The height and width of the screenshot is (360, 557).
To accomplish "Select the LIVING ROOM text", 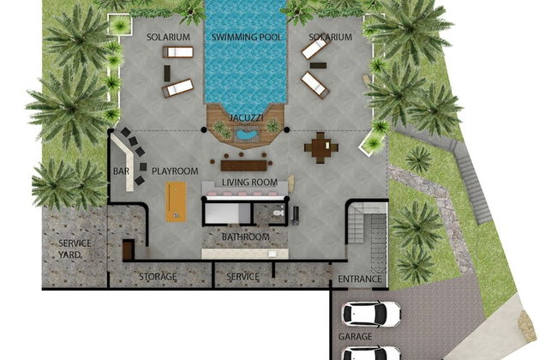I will tap(249, 183).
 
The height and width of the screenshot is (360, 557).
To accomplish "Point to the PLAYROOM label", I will tap(175, 171).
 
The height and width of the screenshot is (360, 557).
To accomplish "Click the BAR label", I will tap(122, 171).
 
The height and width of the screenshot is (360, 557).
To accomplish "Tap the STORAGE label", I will tap(159, 277).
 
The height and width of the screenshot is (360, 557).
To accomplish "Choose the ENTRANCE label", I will tap(360, 279).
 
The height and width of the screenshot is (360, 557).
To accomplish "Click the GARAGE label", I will tap(355, 337).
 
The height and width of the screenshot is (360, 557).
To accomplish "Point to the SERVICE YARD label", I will tap(75, 249).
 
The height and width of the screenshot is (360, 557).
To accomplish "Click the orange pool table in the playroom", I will tap(176, 201).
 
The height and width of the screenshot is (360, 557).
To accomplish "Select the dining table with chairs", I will tap(320, 147).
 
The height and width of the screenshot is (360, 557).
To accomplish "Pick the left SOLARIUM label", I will tap(168, 38).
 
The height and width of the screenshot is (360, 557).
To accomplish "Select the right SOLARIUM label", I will tap(331, 38).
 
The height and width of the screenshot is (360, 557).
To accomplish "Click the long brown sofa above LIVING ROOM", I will tap(244, 164).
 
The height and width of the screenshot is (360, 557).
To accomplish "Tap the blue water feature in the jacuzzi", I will tap(248, 135).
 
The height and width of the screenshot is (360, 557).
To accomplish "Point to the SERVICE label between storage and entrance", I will tap(243, 277).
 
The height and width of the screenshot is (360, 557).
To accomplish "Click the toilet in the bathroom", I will tap(278, 210).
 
